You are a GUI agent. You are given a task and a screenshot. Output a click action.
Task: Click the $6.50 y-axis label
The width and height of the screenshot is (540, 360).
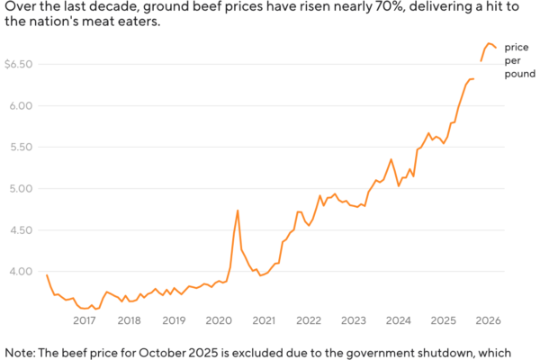pyautogui.click(x=19, y=65)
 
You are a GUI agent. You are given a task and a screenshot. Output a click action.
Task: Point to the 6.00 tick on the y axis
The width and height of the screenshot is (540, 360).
pyautogui.click(x=22, y=106)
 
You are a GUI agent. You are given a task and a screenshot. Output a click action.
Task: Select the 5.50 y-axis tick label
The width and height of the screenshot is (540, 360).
pyautogui.click(x=22, y=148)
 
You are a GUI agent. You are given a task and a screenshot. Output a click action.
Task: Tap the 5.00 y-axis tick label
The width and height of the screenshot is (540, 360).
pyautogui.click(x=22, y=189)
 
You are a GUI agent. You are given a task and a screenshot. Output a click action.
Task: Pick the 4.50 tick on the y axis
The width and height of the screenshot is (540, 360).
pyautogui.click(x=22, y=230)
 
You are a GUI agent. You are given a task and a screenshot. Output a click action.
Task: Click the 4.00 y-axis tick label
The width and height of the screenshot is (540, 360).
pyautogui.click(x=22, y=272)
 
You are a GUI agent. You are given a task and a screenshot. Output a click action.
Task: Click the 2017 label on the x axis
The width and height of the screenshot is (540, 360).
pyautogui.click(x=84, y=320)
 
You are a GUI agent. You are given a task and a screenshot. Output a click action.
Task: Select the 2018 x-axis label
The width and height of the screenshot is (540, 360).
pyautogui.click(x=129, y=320)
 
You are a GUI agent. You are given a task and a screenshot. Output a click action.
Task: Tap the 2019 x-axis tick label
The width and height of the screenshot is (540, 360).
pyautogui.click(x=174, y=320)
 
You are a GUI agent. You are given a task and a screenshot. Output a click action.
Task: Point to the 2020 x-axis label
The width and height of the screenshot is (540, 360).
pyautogui.click(x=219, y=320)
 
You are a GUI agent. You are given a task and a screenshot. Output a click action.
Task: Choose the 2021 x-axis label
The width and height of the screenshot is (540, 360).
pyautogui.click(x=264, y=320)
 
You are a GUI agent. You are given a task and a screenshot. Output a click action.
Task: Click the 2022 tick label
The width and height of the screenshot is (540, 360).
pyautogui.click(x=309, y=320)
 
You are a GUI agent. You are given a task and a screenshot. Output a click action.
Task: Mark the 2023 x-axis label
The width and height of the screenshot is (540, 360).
pyautogui.click(x=354, y=320)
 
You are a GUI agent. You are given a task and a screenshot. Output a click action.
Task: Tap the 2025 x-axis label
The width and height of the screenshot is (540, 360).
pyautogui.click(x=443, y=320)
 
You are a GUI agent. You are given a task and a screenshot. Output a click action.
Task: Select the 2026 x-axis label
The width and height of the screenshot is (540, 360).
pyautogui.click(x=488, y=320)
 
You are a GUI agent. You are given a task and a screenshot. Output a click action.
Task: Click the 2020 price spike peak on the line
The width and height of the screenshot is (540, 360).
pyautogui.click(x=238, y=211)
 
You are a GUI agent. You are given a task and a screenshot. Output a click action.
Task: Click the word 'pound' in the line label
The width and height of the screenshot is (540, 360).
pyautogui.click(x=519, y=76)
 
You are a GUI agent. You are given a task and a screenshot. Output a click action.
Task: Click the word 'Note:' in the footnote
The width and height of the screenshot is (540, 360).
pyautogui.click(x=19, y=352)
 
